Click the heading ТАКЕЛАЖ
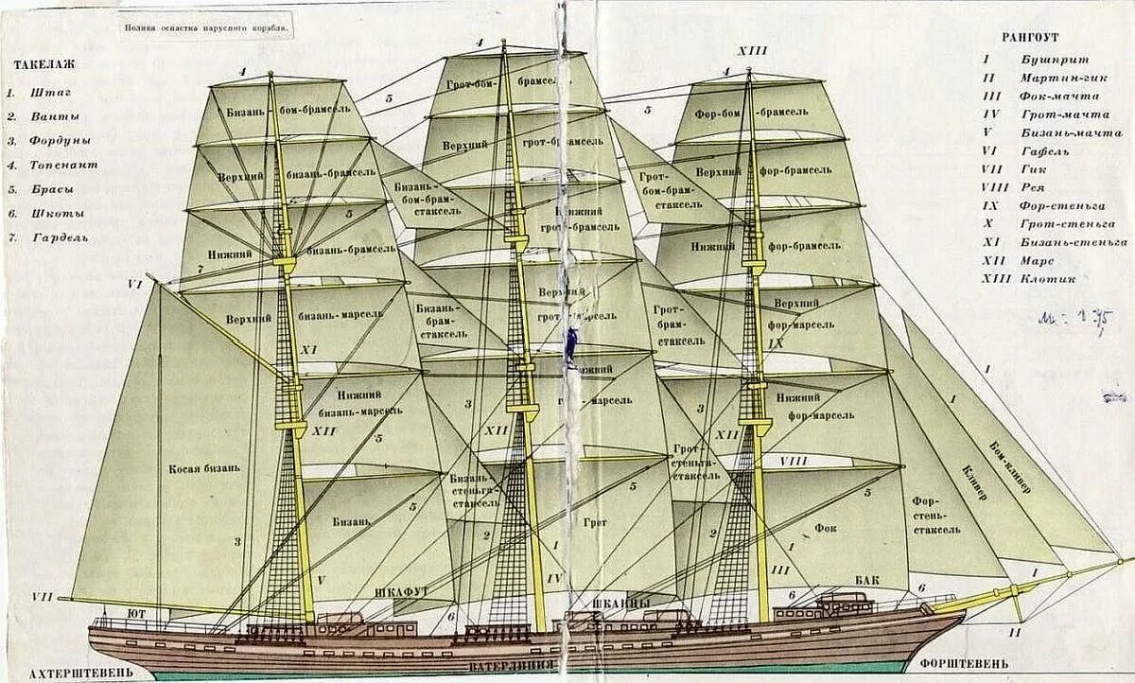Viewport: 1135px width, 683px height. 44,65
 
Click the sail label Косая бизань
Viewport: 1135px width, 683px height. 205,468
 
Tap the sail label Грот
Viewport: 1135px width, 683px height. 594,521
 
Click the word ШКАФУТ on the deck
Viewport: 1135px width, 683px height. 402,592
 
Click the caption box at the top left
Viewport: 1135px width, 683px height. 207,27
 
